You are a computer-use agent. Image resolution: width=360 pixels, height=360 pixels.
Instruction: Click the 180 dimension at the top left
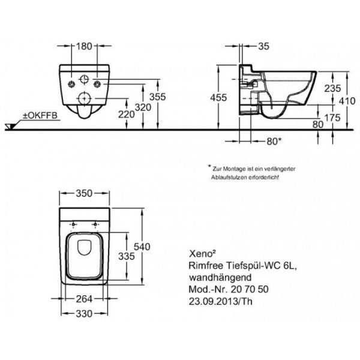click(84, 46)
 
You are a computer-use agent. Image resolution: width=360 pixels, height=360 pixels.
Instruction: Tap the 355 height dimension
click(157, 97)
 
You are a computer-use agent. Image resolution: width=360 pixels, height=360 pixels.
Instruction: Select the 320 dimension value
click(143, 107)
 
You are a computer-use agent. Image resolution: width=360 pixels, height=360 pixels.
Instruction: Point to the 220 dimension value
click(127, 114)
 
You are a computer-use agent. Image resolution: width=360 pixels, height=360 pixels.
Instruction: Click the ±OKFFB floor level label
click(40, 115)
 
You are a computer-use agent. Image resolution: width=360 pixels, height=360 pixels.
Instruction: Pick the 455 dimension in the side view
click(218, 98)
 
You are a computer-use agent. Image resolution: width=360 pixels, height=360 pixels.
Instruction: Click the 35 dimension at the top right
click(263, 46)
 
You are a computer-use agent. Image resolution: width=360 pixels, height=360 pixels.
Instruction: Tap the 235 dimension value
click(332, 88)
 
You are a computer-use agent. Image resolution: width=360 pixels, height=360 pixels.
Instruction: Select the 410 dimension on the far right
click(347, 101)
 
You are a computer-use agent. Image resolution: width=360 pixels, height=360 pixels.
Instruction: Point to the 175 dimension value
click(332, 118)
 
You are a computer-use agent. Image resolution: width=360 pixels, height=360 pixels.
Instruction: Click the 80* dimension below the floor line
click(274, 142)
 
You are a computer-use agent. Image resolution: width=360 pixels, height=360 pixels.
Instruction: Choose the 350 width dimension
click(84, 193)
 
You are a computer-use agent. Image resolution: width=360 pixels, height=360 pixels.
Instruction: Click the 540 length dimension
click(142, 247)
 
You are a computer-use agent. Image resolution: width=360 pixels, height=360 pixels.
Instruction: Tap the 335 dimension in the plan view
click(127, 256)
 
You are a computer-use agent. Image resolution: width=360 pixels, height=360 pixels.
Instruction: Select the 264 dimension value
click(84, 299)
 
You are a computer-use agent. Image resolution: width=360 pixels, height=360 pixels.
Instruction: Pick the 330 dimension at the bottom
click(84, 314)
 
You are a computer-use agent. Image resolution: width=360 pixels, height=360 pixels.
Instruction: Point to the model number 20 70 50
click(250, 289)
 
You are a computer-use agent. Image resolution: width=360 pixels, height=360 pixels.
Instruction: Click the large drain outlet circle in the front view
click(85, 98)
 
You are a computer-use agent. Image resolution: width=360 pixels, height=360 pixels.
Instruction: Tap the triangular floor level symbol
click(10, 127)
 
